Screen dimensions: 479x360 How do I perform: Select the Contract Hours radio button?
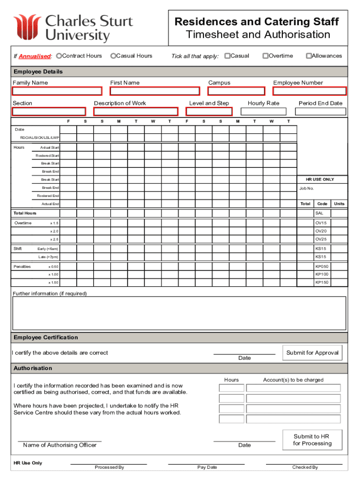(x=59, y=56)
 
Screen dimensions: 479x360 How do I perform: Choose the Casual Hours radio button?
(x=113, y=56)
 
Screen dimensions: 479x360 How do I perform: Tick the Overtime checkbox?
(x=265, y=56)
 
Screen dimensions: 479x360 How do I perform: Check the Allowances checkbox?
(x=309, y=56)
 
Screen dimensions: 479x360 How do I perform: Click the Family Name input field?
(x=57, y=91)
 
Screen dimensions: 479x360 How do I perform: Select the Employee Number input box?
(x=310, y=91)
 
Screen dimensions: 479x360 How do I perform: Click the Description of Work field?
(x=136, y=112)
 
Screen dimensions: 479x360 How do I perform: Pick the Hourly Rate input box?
(x=263, y=112)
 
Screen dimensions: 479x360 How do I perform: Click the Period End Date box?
(x=321, y=112)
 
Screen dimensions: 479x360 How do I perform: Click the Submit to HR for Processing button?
(x=312, y=440)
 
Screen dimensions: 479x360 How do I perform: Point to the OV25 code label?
(x=321, y=239)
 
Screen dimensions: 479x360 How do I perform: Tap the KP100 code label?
(x=322, y=274)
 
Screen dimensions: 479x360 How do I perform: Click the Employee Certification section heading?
(x=46, y=338)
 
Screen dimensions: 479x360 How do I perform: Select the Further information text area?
(x=180, y=313)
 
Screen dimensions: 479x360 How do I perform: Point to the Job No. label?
(x=307, y=189)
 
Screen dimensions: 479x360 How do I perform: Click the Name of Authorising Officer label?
(x=60, y=445)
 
